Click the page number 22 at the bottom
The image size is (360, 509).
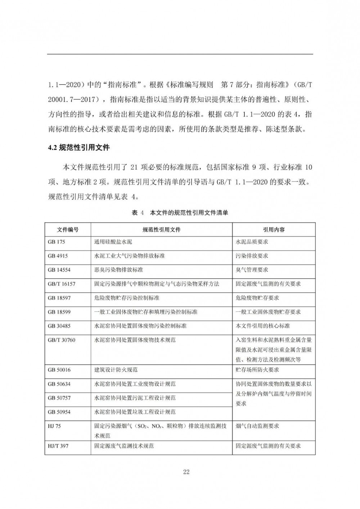click(x=186, y=472)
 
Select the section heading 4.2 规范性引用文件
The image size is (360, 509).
click(x=79, y=148)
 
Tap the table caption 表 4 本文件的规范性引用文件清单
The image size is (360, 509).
click(x=180, y=213)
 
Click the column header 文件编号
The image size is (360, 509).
click(x=68, y=229)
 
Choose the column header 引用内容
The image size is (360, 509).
click(x=274, y=229)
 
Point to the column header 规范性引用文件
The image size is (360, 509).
click(x=162, y=229)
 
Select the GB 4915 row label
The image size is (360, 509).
click(x=58, y=256)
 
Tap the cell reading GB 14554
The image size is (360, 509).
click(x=59, y=270)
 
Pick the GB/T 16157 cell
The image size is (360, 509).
click(x=62, y=284)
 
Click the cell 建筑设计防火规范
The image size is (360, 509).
click(x=116, y=370)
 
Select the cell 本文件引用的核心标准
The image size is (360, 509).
click(x=263, y=326)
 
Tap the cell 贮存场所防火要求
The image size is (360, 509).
click(x=257, y=370)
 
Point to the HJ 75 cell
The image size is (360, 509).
click(x=54, y=426)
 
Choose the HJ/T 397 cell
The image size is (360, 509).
click(x=58, y=446)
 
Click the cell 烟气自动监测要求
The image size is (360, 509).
click(x=257, y=426)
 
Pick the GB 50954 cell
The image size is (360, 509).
click(x=59, y=412)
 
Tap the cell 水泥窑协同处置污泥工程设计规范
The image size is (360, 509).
click(x=135, y=398)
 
